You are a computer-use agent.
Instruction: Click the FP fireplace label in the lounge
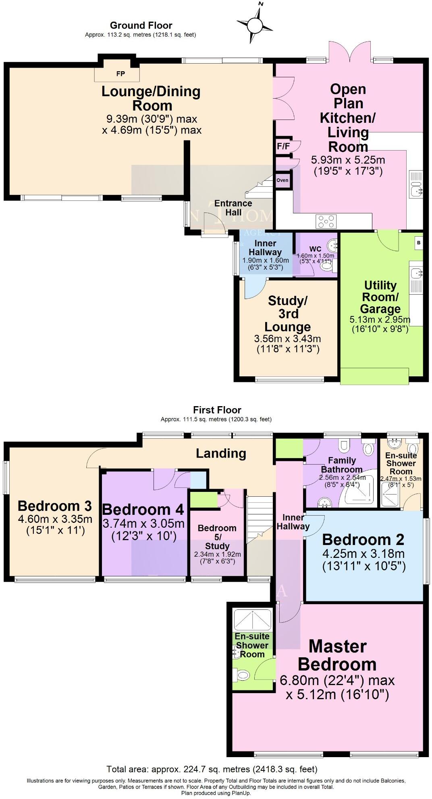coord(120,74)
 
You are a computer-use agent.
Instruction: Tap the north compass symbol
coord(254,25)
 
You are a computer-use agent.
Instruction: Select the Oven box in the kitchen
coord(282,180)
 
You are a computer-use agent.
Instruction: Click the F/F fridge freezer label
coord(283,146)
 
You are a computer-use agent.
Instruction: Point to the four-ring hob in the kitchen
coord(326,221)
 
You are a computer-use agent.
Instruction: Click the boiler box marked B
coord(419,243)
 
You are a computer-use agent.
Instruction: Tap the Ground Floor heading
coord(141,25)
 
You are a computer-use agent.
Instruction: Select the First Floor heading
coord(217,410)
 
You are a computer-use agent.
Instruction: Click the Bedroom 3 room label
coord(55,506)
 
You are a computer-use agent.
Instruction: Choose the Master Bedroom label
coord(337,655)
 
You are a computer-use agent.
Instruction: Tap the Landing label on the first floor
coord(221,453)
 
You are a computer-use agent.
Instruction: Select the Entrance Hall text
coord(233,208)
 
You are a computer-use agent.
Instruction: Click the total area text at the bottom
coord(212,769)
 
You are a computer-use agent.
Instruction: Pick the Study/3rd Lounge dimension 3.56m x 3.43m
coord(288,339)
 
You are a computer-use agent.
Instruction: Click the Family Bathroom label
coord(342,465)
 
